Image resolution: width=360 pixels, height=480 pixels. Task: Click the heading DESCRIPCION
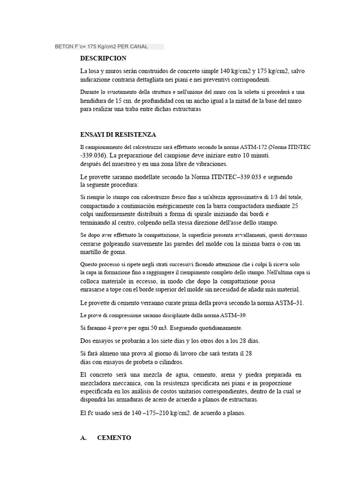click(x=103, y=59)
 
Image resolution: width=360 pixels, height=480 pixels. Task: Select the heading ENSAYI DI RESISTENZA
click(x=118, y=135)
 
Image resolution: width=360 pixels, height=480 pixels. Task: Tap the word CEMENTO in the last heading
click(x=114, y=437)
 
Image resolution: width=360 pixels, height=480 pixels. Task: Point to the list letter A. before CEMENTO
click(x=84, y=437)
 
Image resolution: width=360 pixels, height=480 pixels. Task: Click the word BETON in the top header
click(x=64, y=46)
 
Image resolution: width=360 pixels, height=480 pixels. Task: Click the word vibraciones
click(x=210, y=164)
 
